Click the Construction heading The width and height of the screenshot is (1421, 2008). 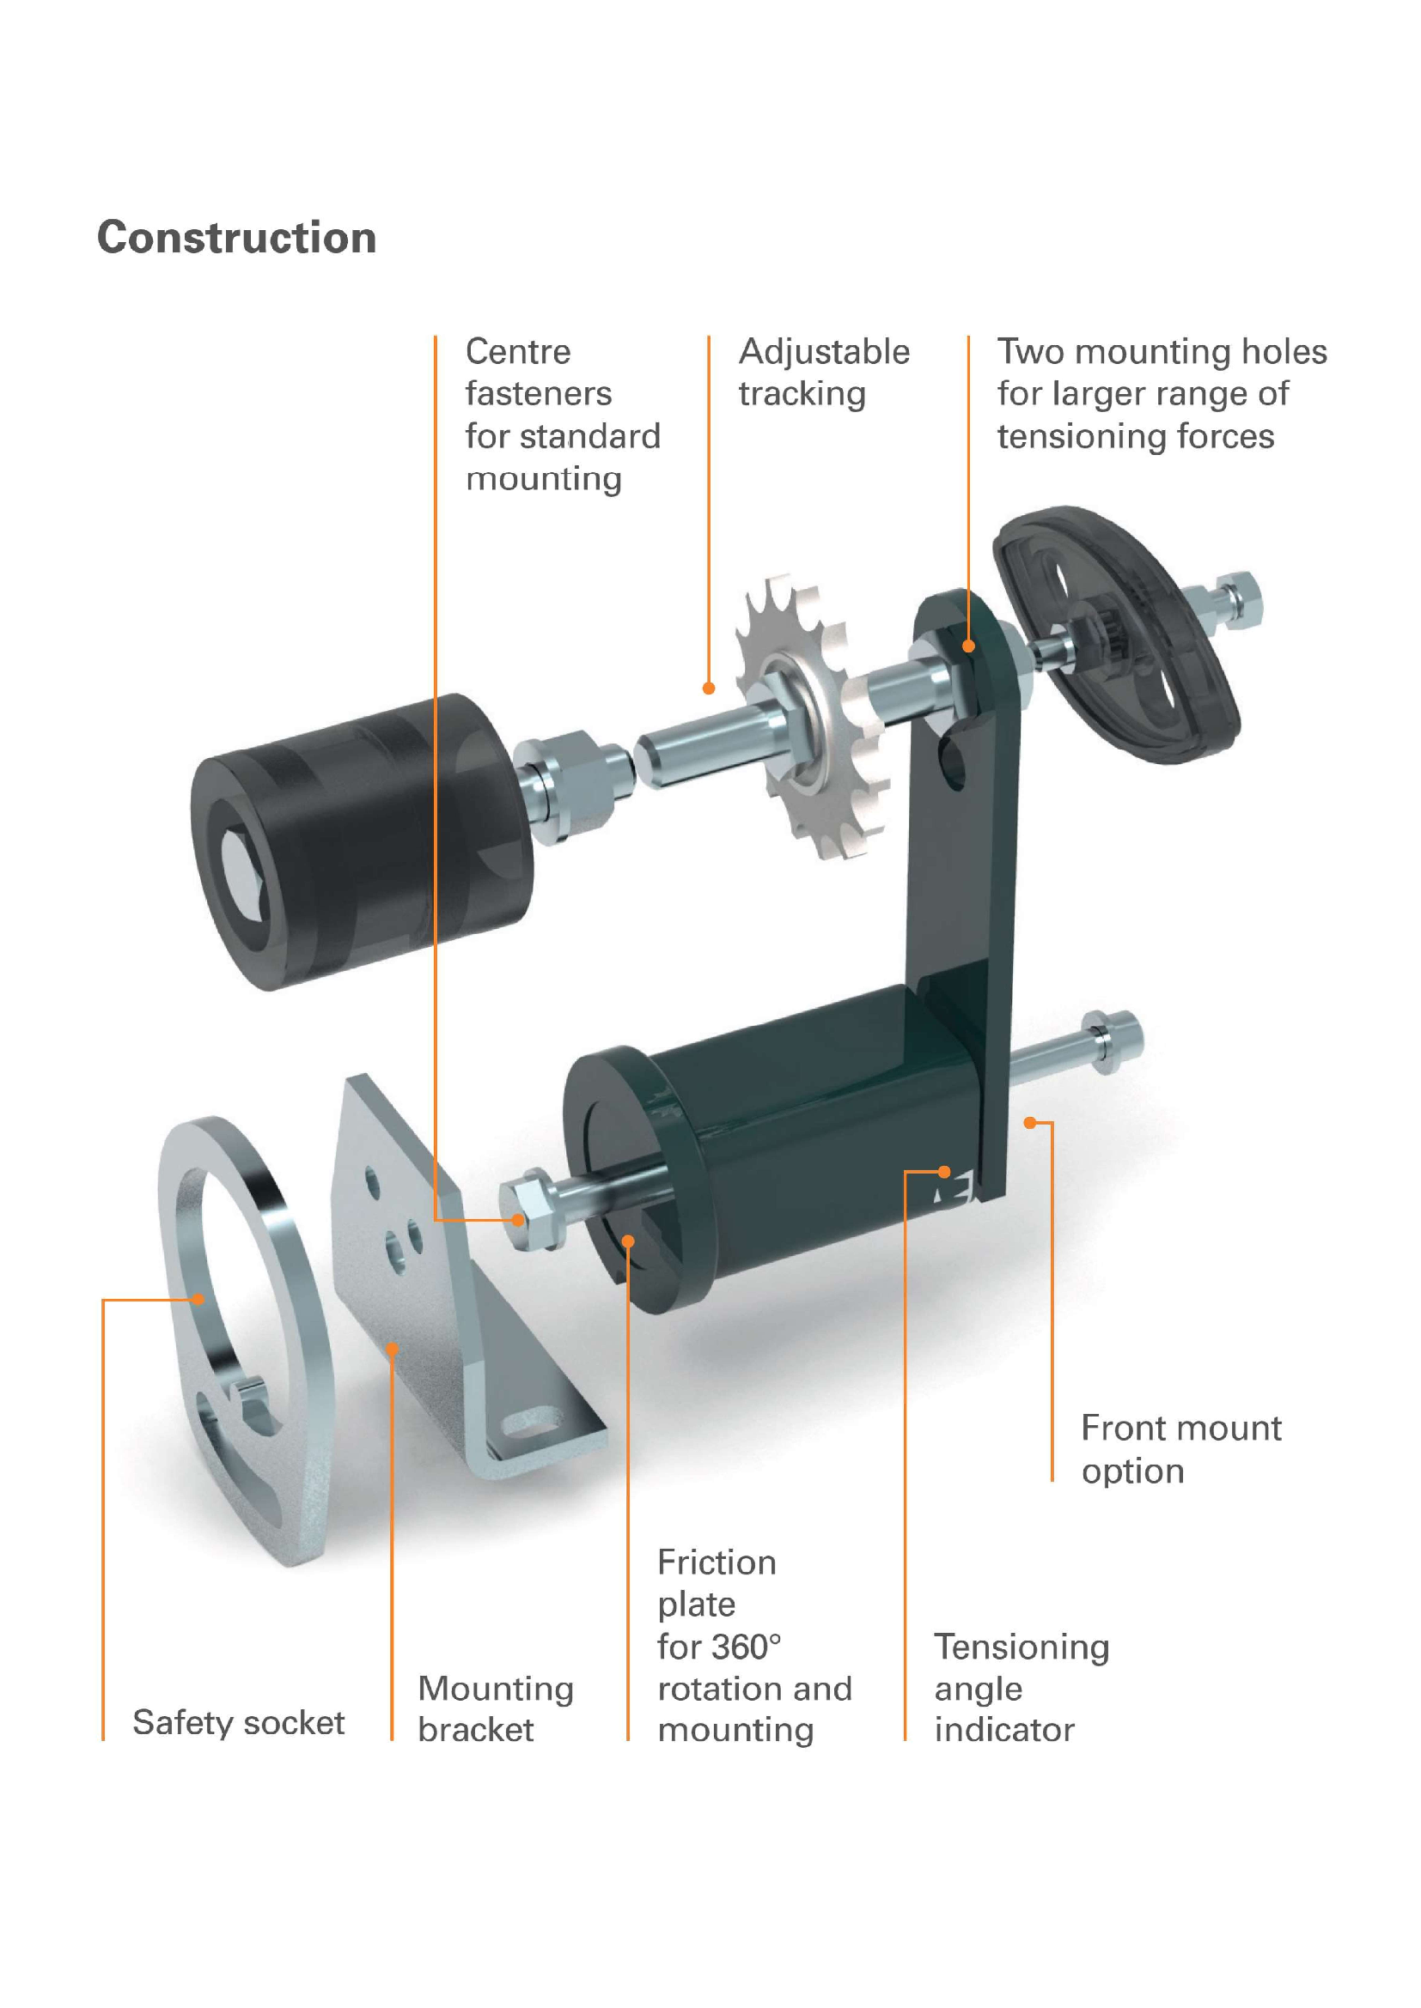(236, 238)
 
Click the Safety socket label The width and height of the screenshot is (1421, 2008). (238, 1722)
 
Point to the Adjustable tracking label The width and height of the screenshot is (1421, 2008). (823, 373)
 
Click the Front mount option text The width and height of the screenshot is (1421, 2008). (1180, 1449)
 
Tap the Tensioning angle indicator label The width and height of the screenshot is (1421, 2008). (1021, 1688)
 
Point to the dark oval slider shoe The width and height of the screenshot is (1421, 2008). (1116, 634)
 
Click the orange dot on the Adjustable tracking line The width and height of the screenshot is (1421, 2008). (709, 689)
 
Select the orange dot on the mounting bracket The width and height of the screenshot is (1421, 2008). (393, 1349)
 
